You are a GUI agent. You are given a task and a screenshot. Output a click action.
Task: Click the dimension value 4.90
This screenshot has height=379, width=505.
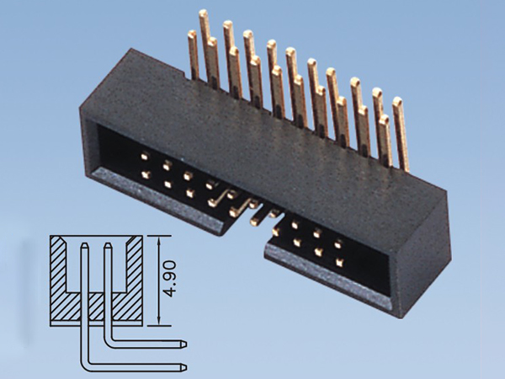pyautogui.click(x=171, y=278)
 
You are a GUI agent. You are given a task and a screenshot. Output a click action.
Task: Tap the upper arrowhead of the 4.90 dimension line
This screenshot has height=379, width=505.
pyautogui.click(x=159, y=238)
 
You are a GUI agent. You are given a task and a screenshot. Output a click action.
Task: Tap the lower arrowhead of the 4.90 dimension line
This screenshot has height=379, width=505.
pyautogui.click(x=159, y=323)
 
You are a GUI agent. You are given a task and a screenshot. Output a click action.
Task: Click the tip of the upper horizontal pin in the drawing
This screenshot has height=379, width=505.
pyautogui.click(x=184, y=344)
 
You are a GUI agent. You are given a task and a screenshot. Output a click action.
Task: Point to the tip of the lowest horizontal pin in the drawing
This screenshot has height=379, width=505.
pyautogui.click(x=184, y=366)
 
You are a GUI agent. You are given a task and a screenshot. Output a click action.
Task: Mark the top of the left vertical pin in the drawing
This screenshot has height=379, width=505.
pyautogui.click(x=84, y=247)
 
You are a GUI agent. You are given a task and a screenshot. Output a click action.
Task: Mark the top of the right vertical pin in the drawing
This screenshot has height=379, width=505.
pyautogui.click(x=108, y=247)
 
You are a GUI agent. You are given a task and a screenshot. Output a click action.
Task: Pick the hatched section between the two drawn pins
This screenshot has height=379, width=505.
pyautogui.click(x=96, y=305)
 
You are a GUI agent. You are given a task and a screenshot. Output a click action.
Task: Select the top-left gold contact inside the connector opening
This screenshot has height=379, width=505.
pyautogui.click(x=146, y=157)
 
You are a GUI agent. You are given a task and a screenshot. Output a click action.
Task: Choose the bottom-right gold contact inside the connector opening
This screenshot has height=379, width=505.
pyautogui.click(x=338, y=262)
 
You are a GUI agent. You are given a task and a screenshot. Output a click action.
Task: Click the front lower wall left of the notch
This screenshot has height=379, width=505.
pyautogui.click(x=160, y=202)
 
